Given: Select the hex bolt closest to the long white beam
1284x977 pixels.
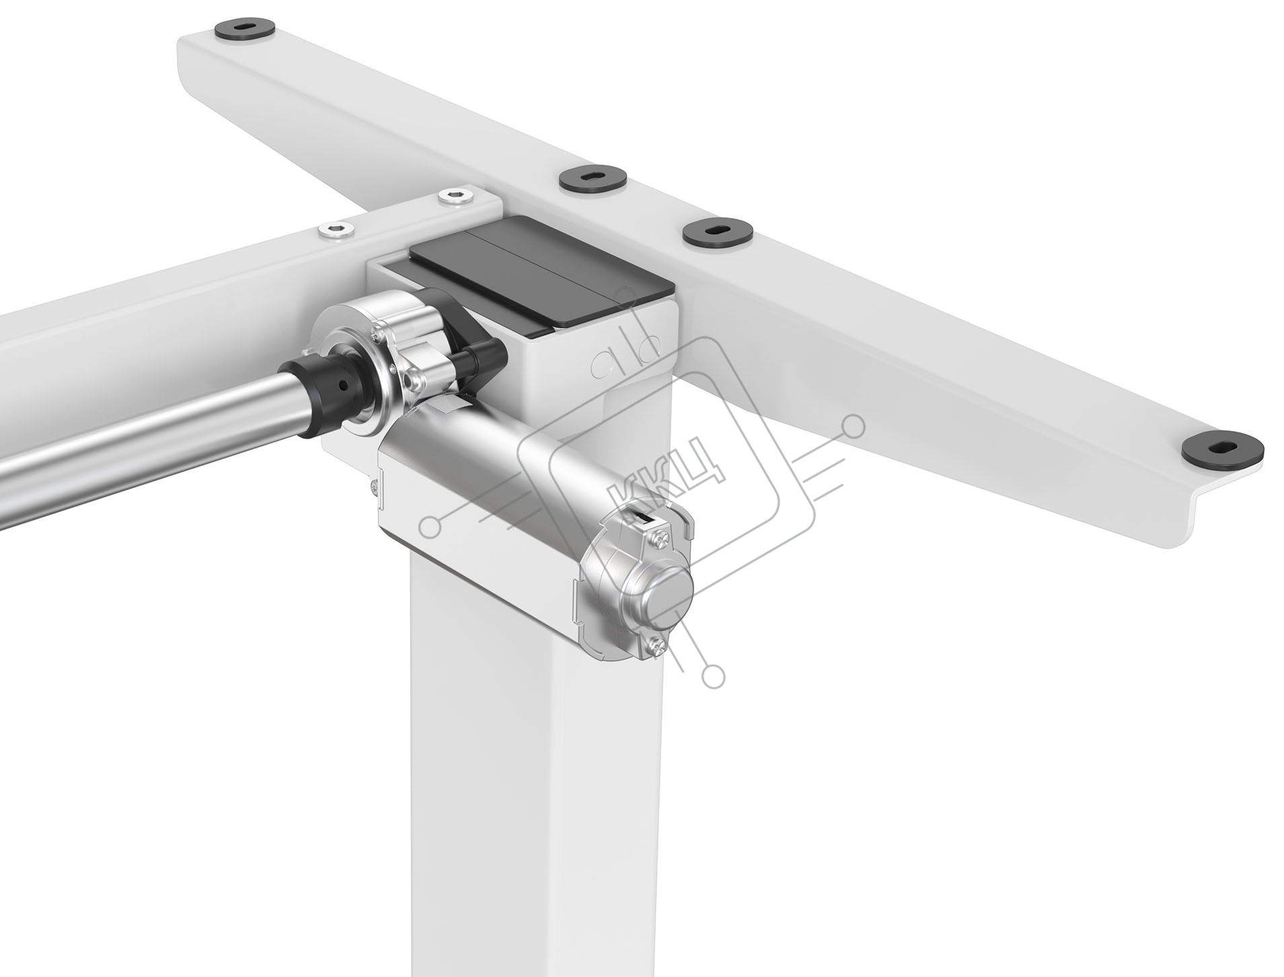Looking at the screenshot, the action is pyautogui.click(x=455, y=196).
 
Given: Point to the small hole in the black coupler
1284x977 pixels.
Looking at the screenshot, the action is pyautogui.click(x=344, y=385).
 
